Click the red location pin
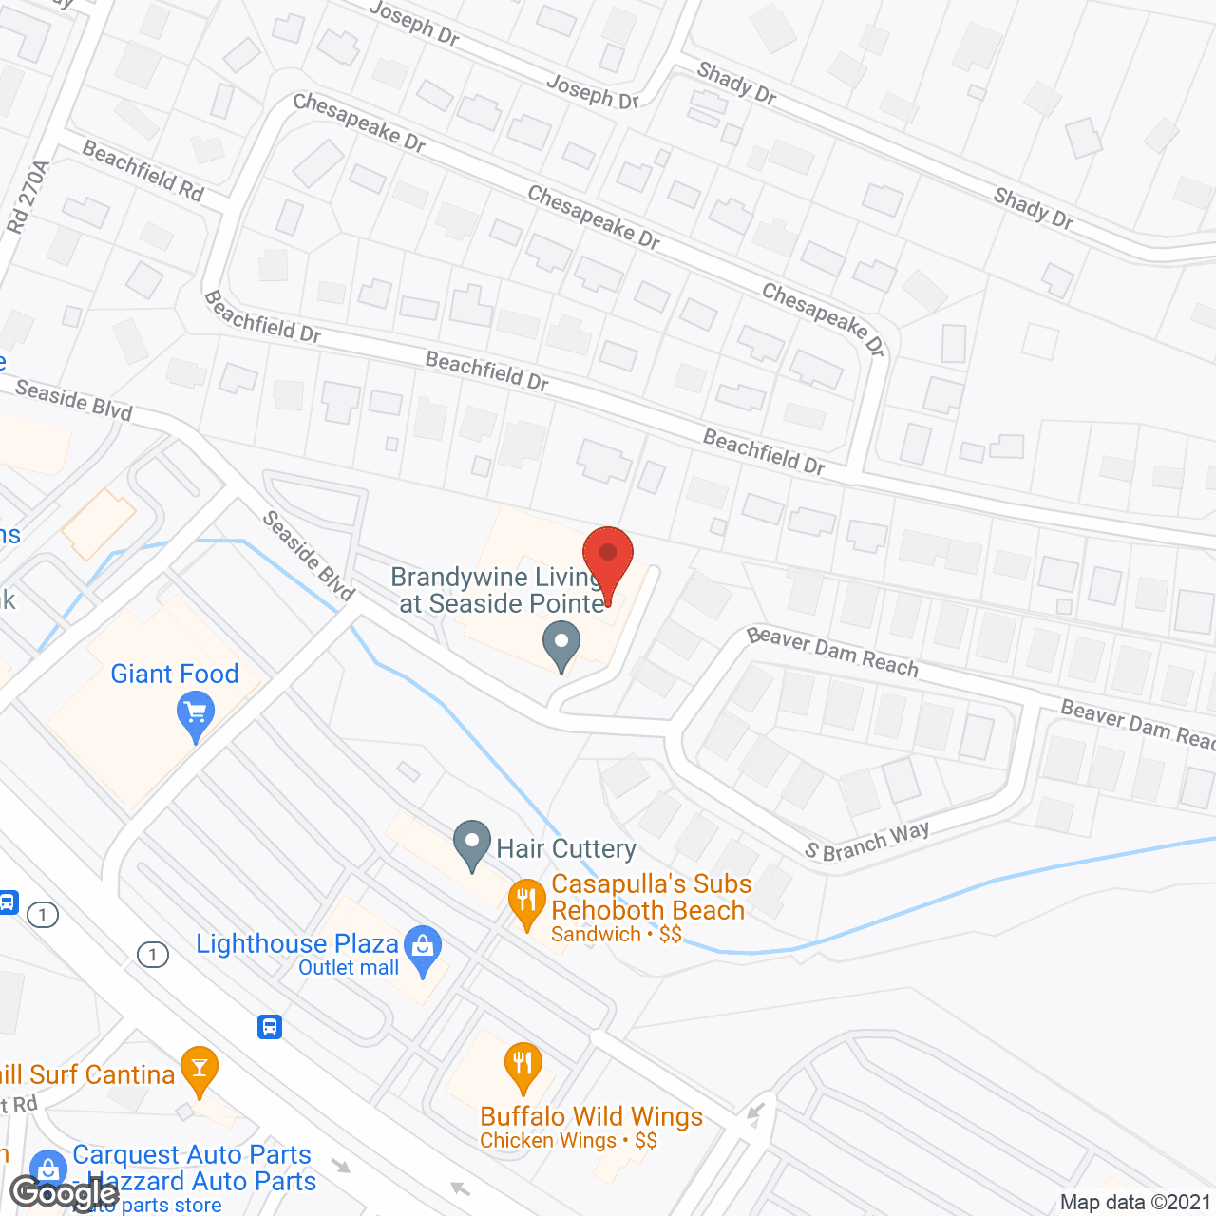(607, 557)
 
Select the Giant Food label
(175, 674)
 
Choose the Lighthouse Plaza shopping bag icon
(423, 948)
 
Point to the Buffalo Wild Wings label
(591, 1117)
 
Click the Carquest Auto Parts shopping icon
(47, 1169)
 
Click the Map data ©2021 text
(1135, 1202)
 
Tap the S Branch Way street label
(866, 842)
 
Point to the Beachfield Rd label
(143, 170)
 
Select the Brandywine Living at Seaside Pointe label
(500, 590)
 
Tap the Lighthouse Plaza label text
(296, 943)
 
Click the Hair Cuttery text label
(566, 848)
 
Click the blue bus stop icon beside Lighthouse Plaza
(270, 1026)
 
